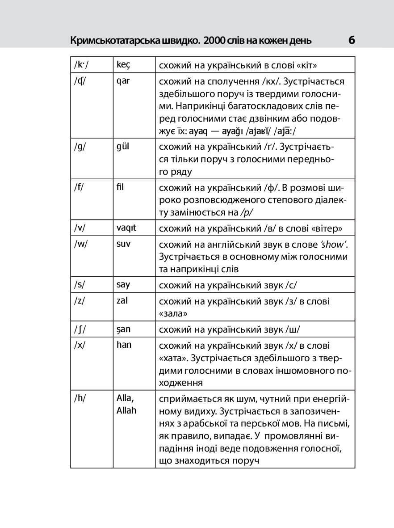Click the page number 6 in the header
[x=351, y=41]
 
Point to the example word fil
[x=120, y=187]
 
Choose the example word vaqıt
[x=126, y=228]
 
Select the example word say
[x=123, y=285]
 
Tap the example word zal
[x=122, y=300]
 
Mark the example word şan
[x=124, y=329]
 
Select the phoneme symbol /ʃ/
[x=80, y=329]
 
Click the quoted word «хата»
[x=172, y=359]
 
